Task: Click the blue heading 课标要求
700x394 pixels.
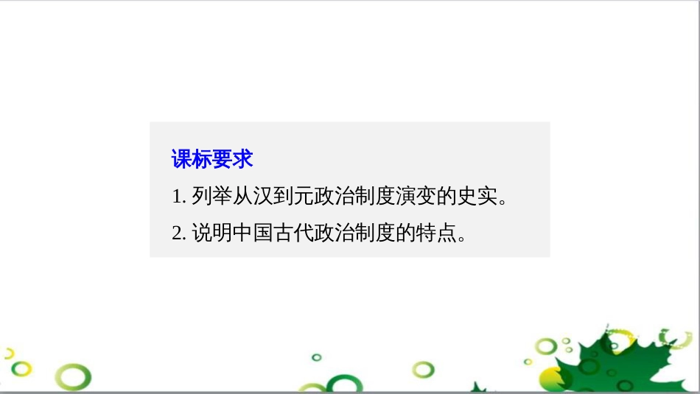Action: tap(212, 159)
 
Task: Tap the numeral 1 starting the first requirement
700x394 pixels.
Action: tap(178, 197)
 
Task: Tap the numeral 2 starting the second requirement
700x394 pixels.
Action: tap(178, 233)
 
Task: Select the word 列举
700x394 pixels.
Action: tap(212, 196)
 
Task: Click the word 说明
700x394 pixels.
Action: tap(212, 233)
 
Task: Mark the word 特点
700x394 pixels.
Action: tap(435, 233)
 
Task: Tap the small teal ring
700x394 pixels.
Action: tap(317, 357)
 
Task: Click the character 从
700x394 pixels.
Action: tap(242, 196)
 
